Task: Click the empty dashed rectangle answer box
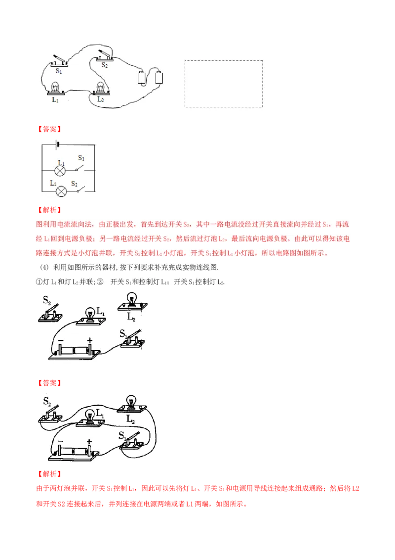224,83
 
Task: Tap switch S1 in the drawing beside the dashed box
59,62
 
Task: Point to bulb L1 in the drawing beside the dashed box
55,89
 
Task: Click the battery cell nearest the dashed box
159,77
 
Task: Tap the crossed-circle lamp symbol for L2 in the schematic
60,191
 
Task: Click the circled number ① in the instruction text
39,281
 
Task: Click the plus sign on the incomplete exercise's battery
90,340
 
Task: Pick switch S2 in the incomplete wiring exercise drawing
51,312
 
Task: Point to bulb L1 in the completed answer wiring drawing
89,417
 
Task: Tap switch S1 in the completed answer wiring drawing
132,440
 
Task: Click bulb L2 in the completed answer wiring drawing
131,403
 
